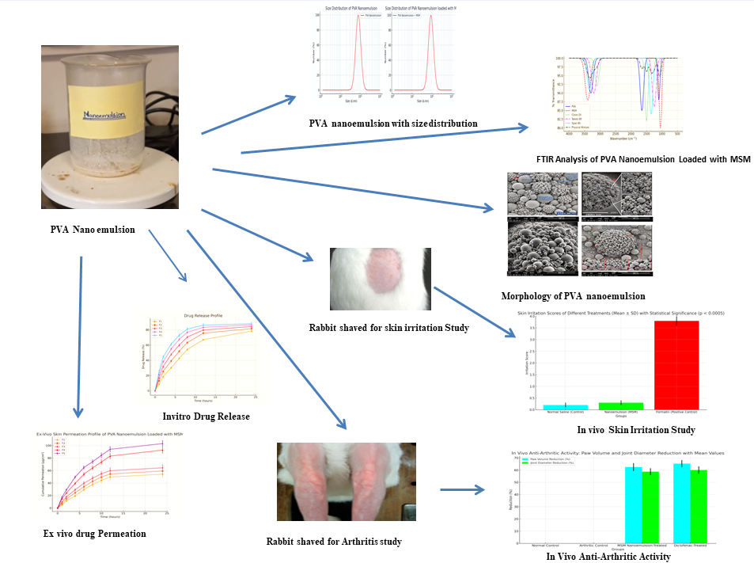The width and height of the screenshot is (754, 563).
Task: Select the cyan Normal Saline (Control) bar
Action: [565, 407]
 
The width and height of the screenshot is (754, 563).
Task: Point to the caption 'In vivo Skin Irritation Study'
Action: [635, 430]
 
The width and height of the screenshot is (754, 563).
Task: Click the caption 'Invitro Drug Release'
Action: [205, 417]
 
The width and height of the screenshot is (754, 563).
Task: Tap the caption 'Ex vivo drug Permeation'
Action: [94, 534]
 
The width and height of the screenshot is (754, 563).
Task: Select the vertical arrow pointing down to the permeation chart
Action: [79, 336]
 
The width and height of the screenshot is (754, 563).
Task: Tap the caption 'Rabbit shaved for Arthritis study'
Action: [334, 542]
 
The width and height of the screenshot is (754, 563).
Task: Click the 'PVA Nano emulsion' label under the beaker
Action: [92, 230]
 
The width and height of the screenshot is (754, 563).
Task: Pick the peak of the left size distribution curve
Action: [358, 16]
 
